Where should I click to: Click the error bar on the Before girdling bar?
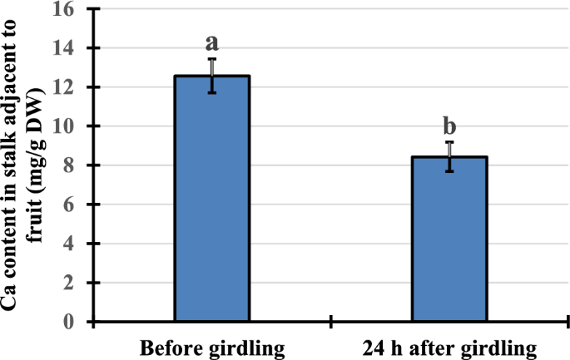tap(212, 76)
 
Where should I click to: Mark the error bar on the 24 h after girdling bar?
tap(449, 156)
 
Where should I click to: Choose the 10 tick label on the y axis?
tap(65, 126)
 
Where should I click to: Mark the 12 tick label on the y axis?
tap(65, 87)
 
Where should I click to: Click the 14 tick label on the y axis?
tap(65, 48)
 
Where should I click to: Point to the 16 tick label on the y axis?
tap(65, 10)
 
